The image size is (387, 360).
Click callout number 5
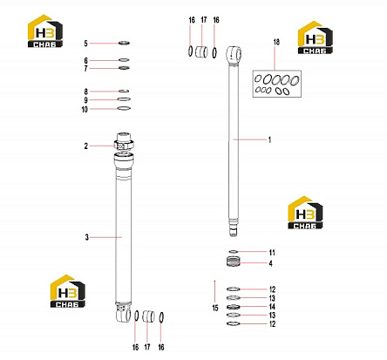pyautogui.click(x=85, y=44)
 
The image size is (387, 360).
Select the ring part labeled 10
pyautogui.click(x=124, y=108)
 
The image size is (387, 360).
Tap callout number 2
pyautogui.click(x=85, y=146)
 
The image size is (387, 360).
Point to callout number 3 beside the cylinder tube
pyautogui.click(x=86, y=237)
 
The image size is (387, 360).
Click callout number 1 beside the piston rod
pyautogui.click(x=269, y=139)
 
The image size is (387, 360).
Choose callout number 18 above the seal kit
pyautogui.click(x=276, y=42)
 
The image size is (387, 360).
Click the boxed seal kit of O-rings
pyautogui.click(x=277, y=84)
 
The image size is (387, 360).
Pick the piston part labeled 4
pyautogui.click(x=234, y=261)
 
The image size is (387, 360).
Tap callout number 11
pyautogui.click(x=272, y=253)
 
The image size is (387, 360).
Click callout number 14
pyautogui.click(x=272, y=307)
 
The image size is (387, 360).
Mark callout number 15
pyautogui.click(x=215, y=308)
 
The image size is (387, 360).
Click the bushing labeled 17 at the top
pyautogui.click(x=201, y=51)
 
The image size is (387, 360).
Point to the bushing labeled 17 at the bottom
pyautogui.click(x=148, y=316)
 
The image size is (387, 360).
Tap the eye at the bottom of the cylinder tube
pyautogui.click(x=123, y=313)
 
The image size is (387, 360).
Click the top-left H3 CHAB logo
pyautogui.click(x=45, y=31)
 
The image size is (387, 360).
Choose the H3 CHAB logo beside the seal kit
pyautogui.click(x=316, y=37)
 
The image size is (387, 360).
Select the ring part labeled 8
pyautogui.click(x=124, y=91)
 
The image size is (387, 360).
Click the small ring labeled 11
pyautogui.click(x=234, y=251)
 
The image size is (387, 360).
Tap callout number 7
pyautogui.click(x=85, y=69)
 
